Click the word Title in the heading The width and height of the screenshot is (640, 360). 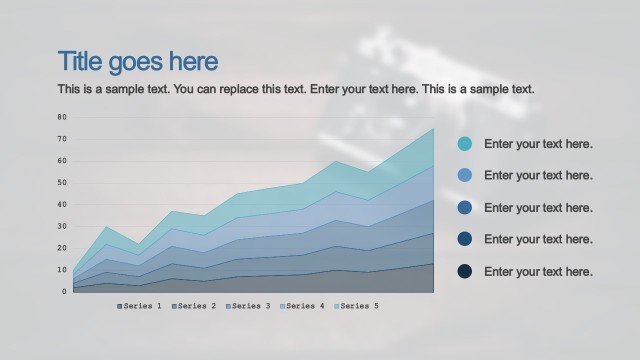tap(81, 62)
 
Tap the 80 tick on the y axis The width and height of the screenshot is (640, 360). tap(61, 117)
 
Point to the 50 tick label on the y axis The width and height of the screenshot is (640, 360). tap(61, 182)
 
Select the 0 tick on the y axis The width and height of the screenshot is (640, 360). tap(63, 292)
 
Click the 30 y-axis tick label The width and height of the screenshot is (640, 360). tap(61, 226)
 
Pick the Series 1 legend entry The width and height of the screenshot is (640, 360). tap(140, 306)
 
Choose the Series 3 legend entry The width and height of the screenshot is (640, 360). tap(248, 306)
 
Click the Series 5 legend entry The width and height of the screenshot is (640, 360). tap(356, 306)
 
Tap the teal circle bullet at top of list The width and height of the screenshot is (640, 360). tap(465, 144)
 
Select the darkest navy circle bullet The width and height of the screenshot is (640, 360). tap(465, 272)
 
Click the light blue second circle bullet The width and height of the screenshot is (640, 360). tap(465, 176)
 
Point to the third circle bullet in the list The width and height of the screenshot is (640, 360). tap(465, 208)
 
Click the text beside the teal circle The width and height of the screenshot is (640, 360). tap(538, 144)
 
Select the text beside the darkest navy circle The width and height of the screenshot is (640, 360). tap(538, 272)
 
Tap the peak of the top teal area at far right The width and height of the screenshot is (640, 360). tap(433, 128)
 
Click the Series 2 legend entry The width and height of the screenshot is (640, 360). tap(194, 306)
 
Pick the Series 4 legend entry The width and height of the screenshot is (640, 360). tap(302, 306)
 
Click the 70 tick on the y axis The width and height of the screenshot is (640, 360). tap(61, 139)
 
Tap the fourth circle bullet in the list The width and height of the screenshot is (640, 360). tap(465, 240)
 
